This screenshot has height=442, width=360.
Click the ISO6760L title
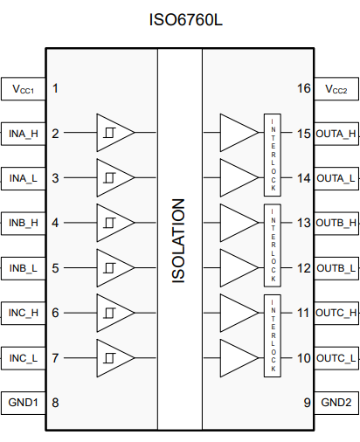[185, 20]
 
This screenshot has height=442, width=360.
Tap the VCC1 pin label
[24, 89]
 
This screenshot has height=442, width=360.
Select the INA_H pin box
[24, 134]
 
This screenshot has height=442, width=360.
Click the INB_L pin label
[24, 268]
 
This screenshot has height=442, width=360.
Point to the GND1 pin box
[24, 403]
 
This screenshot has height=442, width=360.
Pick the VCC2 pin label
[336, 89]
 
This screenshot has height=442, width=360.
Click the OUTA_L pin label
[336, 178]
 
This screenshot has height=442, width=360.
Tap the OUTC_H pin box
[336, 313]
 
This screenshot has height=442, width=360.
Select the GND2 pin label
[336, 403]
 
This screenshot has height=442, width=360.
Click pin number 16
[304, 88]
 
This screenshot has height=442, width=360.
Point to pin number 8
[55, 403]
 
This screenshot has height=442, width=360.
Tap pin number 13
[304, 223]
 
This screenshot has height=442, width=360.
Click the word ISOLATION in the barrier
[178, 240]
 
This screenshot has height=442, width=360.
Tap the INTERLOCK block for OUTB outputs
[273, 245]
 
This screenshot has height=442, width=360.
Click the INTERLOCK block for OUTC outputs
[273, 335]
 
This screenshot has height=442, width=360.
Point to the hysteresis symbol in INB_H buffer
[109, 223]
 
